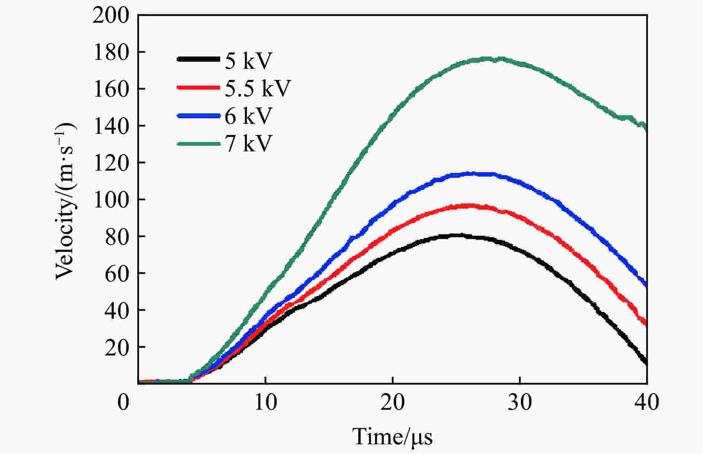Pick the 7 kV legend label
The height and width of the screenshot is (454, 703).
pos(248,143)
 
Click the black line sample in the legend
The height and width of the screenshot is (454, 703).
pos(198,59)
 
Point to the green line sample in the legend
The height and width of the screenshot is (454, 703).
pos(198,143)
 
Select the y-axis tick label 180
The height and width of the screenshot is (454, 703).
pos(111,52)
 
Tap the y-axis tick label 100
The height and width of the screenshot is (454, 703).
pos(111,200)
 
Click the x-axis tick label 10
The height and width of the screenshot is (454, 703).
pos(265,402)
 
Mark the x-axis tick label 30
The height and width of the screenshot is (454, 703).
pos(520,402)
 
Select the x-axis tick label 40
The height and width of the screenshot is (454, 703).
pos(647,402)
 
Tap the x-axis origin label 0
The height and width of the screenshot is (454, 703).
pos(123,402)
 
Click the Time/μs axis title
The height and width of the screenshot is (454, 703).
pos(392,437)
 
